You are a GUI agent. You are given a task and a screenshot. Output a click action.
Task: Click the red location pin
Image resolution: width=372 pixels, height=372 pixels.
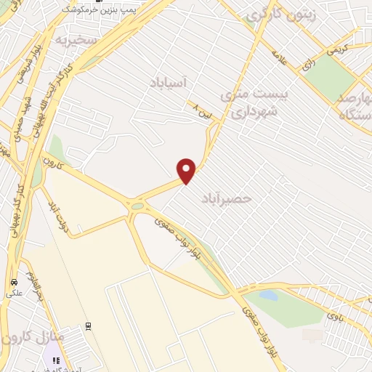pyautogui.click(x=187, y=171)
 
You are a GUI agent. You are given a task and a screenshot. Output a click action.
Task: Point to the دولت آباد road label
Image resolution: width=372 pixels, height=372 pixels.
pyautogui.click(x=57, y=211)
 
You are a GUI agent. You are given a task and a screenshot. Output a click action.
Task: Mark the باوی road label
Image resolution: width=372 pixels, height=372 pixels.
pyautogui.click(x=333, y=315)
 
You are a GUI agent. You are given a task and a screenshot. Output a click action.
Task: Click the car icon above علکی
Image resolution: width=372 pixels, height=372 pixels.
pyautogui.click(x=12, y=282)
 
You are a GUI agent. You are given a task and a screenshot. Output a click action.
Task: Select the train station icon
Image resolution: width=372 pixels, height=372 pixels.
pyautogui.click(x=88, y=327)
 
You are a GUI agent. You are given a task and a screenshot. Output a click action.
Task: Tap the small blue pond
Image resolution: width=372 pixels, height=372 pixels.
pyautogui.click(x=268, y=296)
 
